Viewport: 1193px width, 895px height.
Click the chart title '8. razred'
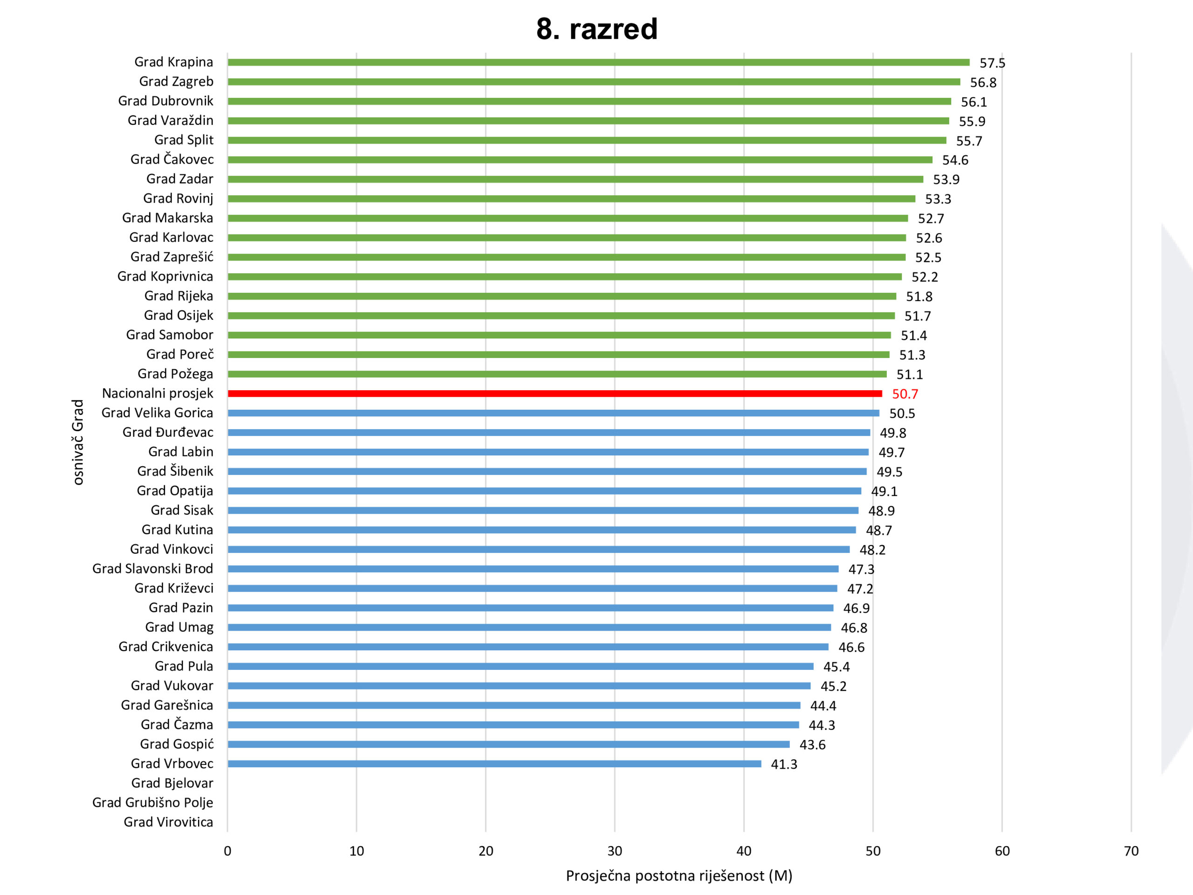tap(596, 29)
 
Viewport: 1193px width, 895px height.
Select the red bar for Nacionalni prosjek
tap(555, 394)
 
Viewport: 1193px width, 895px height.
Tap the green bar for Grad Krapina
tap(598, 62)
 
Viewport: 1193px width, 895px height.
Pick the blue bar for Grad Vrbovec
tap(494, 764)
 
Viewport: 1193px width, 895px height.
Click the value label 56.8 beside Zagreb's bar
tap(983, 83)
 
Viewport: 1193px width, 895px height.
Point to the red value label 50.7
tap(905, 394)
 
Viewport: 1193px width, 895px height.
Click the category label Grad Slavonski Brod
tap(153, 569)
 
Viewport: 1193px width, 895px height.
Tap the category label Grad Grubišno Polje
tap(153, 803)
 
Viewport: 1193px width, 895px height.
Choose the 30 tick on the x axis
tap(614, 851)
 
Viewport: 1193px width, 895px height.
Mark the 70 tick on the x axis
tap(1131, 851)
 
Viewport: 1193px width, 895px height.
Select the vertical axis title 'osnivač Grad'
tap(79, 442)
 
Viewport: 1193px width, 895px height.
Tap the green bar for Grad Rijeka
tap(562, 296)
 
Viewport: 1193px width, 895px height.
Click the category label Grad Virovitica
tap(168, 822)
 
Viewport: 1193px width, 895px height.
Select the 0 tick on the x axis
tap(227, 851)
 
